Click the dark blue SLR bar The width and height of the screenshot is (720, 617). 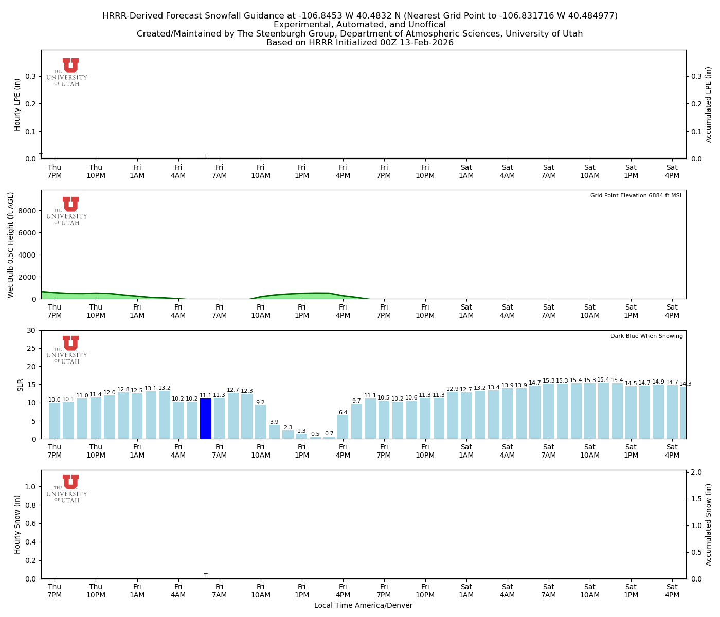[206, 419]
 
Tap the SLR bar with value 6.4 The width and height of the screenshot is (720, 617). [343, 427]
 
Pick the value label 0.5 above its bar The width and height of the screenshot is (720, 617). [315, 434]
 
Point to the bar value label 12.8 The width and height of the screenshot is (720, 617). [123, 390]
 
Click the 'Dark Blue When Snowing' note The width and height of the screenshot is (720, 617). [646, 336]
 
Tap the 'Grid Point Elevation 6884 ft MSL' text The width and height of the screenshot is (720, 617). [636, 196]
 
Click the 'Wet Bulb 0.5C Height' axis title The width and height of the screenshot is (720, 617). [11, 245]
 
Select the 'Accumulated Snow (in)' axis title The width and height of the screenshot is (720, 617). [709, 524]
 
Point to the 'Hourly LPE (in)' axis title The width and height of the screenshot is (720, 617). [17, 104]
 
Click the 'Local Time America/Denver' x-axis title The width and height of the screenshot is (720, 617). [363, 606]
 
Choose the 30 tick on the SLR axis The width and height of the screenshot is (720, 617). [32, 330]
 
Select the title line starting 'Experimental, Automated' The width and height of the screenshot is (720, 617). [359, 25]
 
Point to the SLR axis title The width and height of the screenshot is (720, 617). [21, 385]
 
